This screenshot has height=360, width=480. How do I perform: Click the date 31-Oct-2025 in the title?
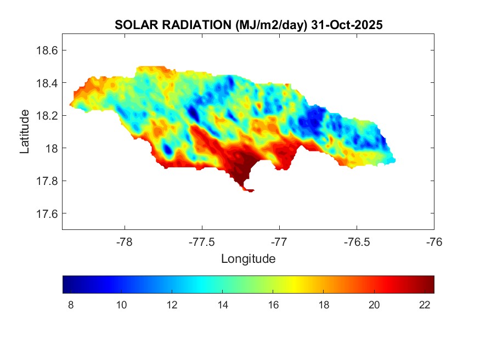tap(346, 25)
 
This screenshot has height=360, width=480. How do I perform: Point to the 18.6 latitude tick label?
tap(47, 50)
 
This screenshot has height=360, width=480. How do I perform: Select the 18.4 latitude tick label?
tap(47, 83)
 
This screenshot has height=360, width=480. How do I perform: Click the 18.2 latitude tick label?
tap(47, 116)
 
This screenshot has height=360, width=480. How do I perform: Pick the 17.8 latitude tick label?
tap(47, 181)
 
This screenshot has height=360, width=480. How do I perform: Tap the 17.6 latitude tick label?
tap(47, 213)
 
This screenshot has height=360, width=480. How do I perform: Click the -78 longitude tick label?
tap(125, 241)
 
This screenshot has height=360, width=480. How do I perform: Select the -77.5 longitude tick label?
tap(202, 241)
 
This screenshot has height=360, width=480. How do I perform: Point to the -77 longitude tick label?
tap(280, 241)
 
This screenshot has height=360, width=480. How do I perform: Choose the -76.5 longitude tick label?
tap(357, 241)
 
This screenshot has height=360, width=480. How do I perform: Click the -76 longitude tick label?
tap(434, 241)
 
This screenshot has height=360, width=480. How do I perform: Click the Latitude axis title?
tap(25, 132)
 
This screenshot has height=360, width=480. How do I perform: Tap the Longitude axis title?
tap(248, 258)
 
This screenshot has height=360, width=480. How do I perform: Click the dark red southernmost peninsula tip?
tap(250, 190)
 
